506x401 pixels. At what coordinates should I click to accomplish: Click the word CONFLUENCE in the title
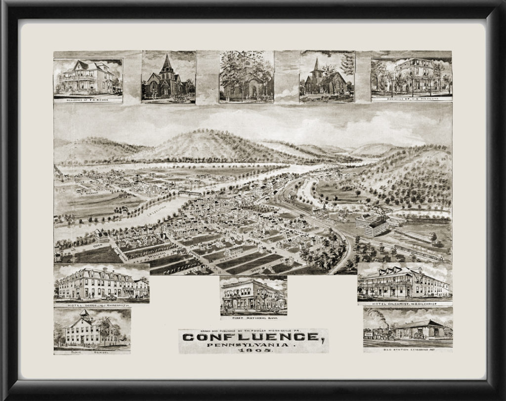click(251, 337)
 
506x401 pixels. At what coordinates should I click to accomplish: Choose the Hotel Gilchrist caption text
click(404, 303)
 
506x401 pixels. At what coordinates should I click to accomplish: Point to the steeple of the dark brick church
click(168, 63)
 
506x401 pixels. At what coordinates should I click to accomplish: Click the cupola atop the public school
click(84, 313)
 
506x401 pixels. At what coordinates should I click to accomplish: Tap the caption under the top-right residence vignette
click(411, 99)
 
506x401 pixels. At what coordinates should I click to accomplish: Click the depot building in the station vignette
click(420, 330)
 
